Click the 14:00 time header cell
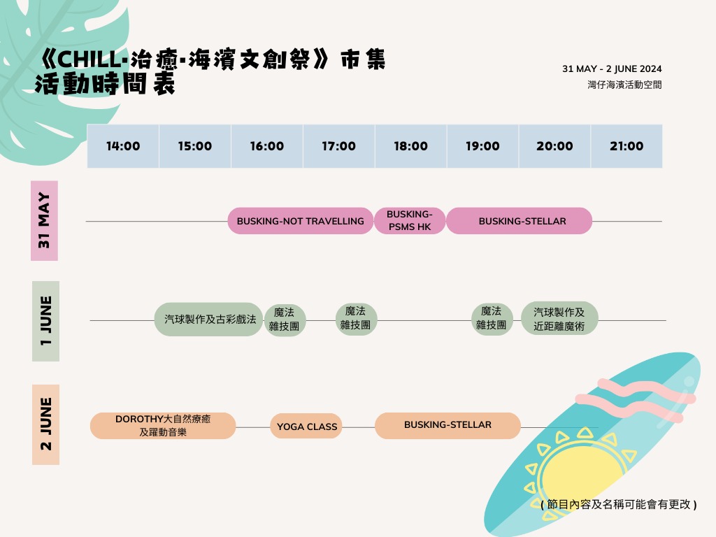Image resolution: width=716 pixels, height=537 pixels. (x=123, y=146)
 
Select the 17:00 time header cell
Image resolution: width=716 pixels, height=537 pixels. (x=339, y=146)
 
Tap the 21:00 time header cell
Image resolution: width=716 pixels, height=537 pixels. (x=626, y=146)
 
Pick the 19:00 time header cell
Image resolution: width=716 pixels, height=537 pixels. (x=482, y=146)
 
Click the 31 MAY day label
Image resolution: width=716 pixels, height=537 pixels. (x=44, y=220)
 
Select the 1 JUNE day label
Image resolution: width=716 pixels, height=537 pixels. (x=45, y=321)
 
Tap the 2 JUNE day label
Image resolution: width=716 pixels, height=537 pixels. (x=45, y=424)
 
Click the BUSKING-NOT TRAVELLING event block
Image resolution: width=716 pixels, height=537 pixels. (x=300, y=221)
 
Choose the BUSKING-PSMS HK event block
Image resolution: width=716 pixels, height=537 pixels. (x=410, y=221)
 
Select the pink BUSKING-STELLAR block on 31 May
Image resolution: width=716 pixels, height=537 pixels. (x=522, y=221)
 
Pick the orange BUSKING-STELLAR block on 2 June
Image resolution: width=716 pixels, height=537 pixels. (x=447, y=425)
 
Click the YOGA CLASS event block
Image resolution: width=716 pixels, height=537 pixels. (x=306, y=427)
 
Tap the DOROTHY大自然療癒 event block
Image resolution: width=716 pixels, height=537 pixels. (x=163, y=426)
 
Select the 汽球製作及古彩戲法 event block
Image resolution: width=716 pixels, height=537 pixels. (x=208, y=320)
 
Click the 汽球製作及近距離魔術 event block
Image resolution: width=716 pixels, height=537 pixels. (x=559, y=319)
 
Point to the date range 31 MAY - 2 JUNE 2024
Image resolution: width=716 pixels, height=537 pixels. (x=612, y=69)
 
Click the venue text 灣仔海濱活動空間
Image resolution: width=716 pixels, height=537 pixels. (x=624, y=85)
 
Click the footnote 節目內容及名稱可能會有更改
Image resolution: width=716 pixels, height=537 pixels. (x=618, y=504)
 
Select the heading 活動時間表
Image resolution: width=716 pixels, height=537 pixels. (x=105, y=84)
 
